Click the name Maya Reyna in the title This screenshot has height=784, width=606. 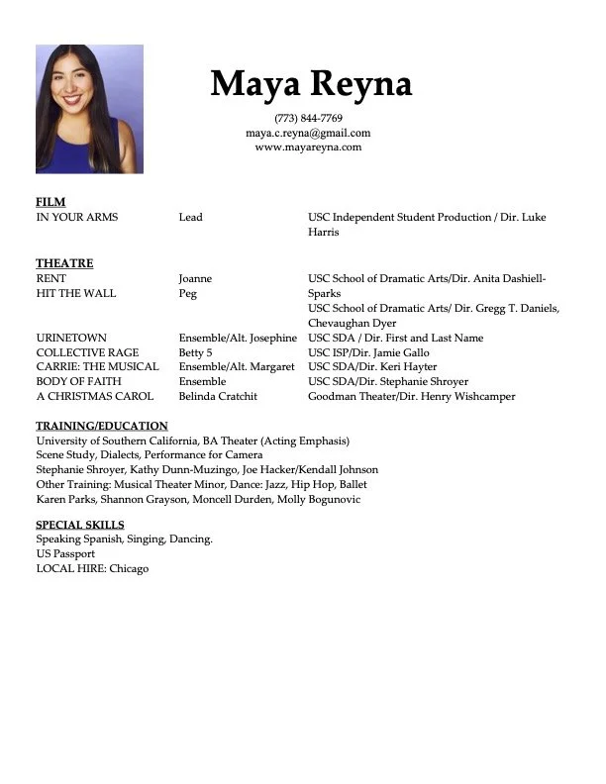(310, 84)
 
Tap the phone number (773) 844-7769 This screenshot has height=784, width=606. (308, 118)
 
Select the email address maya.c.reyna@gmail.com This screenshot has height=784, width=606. (308, 133)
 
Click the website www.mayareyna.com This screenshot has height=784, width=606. (308, 147)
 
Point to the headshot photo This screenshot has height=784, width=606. (89, 109)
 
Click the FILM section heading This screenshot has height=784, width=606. (50, 202)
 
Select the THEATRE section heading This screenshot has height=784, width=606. (64, 263)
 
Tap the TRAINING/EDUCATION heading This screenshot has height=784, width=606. (102, 426)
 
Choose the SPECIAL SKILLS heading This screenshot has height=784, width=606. (80, 525)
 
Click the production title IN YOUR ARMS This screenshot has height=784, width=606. (76, 217)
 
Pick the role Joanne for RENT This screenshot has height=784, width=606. (195, 279)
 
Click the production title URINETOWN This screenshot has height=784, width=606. (71, 338)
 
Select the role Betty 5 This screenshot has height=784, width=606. (196, 352)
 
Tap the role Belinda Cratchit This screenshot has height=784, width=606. (218, 396)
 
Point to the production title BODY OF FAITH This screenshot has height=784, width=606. (78, 381)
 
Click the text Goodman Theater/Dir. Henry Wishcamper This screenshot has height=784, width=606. (411, 396)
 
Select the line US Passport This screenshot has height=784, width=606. (65, 554)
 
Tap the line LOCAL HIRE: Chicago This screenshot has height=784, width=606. (92, 569)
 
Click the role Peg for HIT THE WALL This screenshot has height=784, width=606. (188, 294)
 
